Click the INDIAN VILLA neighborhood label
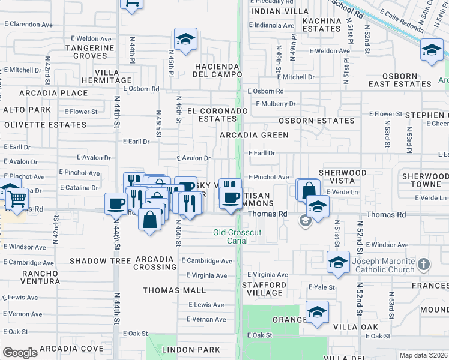pos(277,11)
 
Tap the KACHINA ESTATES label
pos(321,25)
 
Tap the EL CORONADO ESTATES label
pos(217,115)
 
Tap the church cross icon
pos(424,264)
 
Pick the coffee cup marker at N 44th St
pos(115,203)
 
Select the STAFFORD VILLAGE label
pos(264,290)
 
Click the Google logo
pos(20,353)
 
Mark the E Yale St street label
pos(321,287)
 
